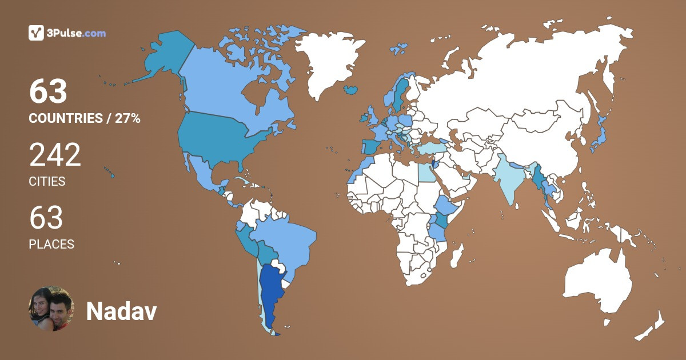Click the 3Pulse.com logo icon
pos(36,33)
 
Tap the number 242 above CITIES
pos(55,155)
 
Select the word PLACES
pos(51,244)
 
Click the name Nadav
pos(121,311)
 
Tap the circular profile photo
pos(51,309)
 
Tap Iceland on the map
pos(350,90)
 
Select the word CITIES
pos(47,182)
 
